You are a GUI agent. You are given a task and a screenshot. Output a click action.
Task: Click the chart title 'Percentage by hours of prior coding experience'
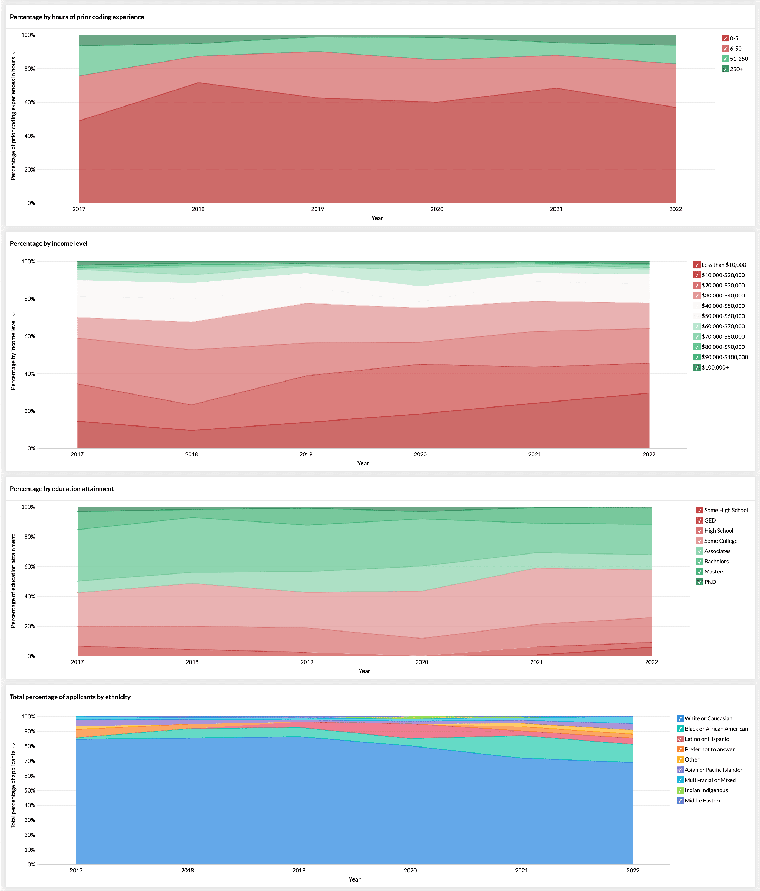[77, 17]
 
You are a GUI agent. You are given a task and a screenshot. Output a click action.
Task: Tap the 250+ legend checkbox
[725, 69]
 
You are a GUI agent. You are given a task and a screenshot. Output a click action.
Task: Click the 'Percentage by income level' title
[49, 244]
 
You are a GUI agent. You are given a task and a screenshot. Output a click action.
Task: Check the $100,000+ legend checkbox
[697, 367]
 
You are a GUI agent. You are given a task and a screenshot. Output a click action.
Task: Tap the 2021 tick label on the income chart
[534, 455]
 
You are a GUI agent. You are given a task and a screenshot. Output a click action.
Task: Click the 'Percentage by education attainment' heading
[62, 489]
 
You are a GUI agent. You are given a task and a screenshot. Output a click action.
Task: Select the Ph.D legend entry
[710, 582]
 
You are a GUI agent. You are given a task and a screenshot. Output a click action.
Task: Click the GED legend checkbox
[700, 521]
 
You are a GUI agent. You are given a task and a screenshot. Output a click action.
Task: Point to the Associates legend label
[717, 551]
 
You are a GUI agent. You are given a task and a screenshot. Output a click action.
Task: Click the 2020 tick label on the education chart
[422, 662]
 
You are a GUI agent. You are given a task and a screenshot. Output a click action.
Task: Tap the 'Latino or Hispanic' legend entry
[707, 739]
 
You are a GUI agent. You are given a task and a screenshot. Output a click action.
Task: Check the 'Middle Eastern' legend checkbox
[680, 801]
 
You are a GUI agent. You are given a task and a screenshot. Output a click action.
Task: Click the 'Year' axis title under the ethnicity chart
[354, 879]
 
